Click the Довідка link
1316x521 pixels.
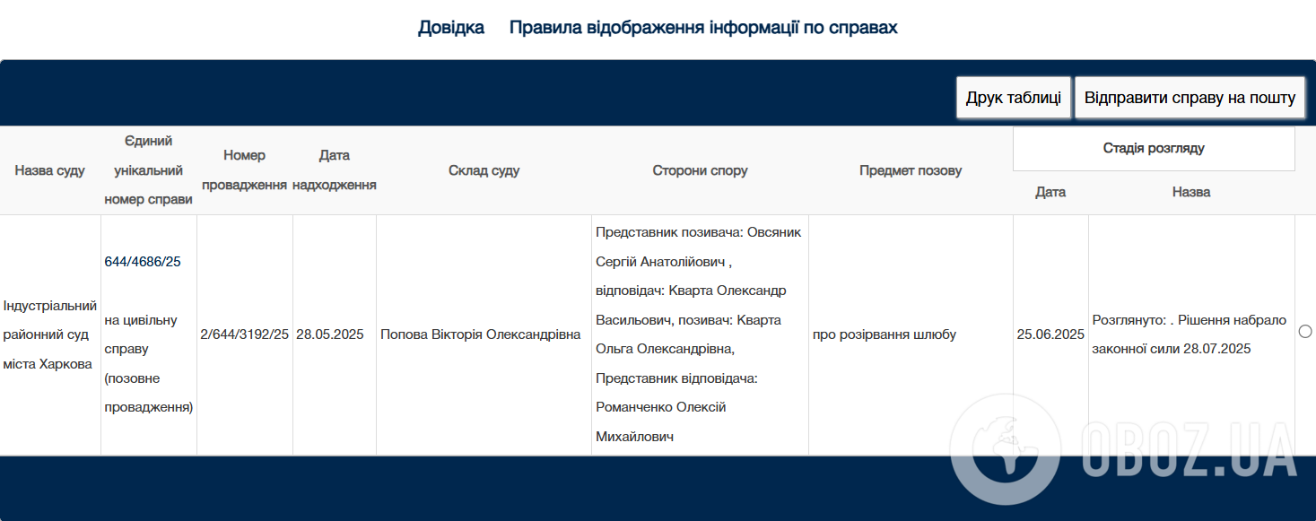(x=450, y=28)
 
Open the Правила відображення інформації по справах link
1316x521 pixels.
(x=703, y=28)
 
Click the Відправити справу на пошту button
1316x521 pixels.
(x=1190, y=98)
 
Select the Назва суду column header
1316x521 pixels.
(x=50, y=170)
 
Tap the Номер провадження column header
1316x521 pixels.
(x=244, y=170)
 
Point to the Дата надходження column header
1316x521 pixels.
(x=335, y=170)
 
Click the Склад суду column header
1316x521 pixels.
(x=484, y=170)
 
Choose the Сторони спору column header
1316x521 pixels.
(x=700, y=170)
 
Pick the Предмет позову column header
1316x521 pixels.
(x=911, y=170)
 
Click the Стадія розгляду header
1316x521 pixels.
(x=1154, y=148)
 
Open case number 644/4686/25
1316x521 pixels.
(x=143, y=262)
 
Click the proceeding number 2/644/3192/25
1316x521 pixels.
(x=245, y=334)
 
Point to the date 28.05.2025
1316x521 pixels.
(x=330, y=334)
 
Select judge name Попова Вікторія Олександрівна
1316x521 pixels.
(x=481, y=334)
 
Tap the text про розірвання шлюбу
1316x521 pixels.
(x=885, y=334)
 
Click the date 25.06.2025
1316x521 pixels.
(x=1050, y=334)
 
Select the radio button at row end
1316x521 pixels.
(x=1305, y=332)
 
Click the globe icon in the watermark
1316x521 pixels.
(x=1005, y=448)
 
